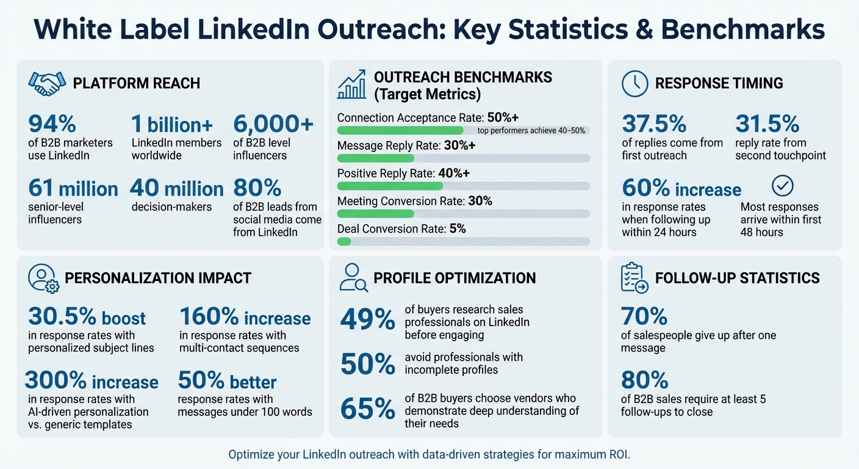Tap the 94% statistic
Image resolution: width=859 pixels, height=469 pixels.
[x=52, y=124]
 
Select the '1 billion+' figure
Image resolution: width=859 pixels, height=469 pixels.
[x=172, y=124]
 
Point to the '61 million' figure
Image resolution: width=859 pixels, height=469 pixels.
[x=73, y=189]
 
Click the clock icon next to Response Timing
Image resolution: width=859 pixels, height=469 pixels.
[x=634, y=83]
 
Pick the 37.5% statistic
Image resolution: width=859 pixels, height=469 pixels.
[x=654, y=124]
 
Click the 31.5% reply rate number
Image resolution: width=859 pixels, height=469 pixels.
[x=767, y=124]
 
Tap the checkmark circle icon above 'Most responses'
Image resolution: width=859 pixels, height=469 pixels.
[x=783, y=185]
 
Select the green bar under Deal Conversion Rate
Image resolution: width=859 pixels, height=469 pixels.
[x=344, y=241]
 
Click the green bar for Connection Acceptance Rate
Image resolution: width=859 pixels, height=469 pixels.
[x=400, y=130]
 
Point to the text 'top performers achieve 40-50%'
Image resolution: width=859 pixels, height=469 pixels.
[x=531, y=130]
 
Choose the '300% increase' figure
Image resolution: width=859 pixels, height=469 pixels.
[x=92, y=382]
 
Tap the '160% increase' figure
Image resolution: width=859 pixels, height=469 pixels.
[x=245, y=318]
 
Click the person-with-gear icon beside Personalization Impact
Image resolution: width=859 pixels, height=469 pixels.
[x=43, y=278]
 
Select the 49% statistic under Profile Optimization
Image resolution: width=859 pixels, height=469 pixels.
[x=367, y=319]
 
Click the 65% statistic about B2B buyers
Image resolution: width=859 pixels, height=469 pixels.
[x=367, y=410]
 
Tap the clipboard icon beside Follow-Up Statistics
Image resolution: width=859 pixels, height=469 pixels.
[x=633, y=278]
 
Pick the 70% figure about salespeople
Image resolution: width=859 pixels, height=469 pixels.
[x=644, y=316]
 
